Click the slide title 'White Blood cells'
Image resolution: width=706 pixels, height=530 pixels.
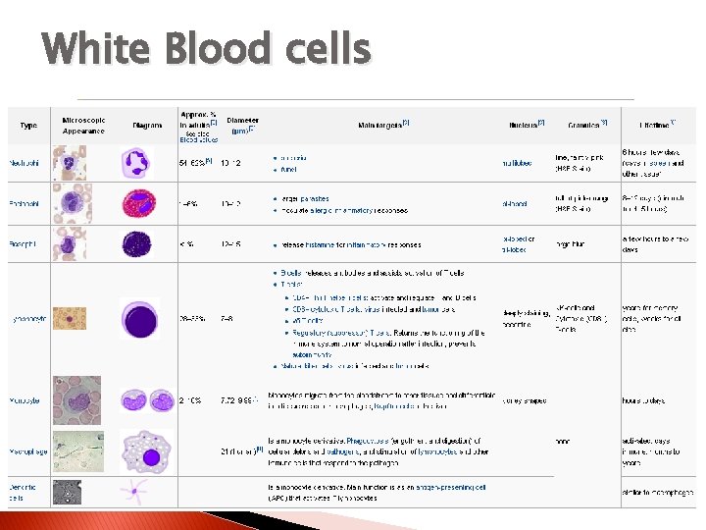[x=207, y=48]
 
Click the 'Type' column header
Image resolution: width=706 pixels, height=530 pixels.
[x=28, y=126]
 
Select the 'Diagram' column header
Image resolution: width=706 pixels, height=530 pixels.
[x=147, y=126]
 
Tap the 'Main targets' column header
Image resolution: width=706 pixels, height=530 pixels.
[x=384, y=126]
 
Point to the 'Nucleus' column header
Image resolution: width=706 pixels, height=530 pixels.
[x=527, y=125]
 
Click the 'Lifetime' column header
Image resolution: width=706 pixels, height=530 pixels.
[x=656, y=126]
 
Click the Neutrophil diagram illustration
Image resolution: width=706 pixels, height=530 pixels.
[x=137, y=162]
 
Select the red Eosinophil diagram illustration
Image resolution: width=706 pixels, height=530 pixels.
[x=138, y=203]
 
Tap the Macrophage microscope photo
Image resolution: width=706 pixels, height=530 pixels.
[x=72, y=450]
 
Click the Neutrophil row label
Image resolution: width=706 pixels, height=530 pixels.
[x=25, y=162]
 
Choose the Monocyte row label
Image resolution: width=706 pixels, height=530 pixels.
[x=25, y=400]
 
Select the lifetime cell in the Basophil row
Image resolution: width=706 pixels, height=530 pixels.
[x=655, y=244]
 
